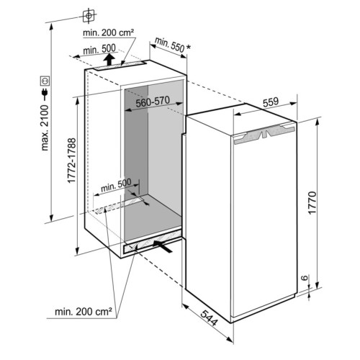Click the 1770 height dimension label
click(x=312, y=203)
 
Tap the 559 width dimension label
click(x=271, y=102)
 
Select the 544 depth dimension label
click(x=209, y=318)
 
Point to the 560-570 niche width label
click(x=153, y=102)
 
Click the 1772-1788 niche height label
click(x=71, y=161)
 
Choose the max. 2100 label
click(x=45, y=128)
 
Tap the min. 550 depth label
click(x=170, y=45)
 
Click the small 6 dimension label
click(x=305, y=278)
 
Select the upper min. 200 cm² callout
click(x=108, y=32)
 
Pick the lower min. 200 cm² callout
click(x=84, y=312)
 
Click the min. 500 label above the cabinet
click(x=99, y=49)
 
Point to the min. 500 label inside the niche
click(x=116, y=185)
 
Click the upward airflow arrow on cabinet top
click(x=109, y=59)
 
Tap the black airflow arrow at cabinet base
click(x=163, y=246)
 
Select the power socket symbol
click(x=45, y=81)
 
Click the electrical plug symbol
click(x=45, y=94)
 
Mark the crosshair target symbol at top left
click(x=89, y=16)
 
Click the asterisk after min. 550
click(x=189, y=48)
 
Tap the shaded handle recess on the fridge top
click(x=264, y=135)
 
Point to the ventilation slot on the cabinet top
click(x=120, y=66)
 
